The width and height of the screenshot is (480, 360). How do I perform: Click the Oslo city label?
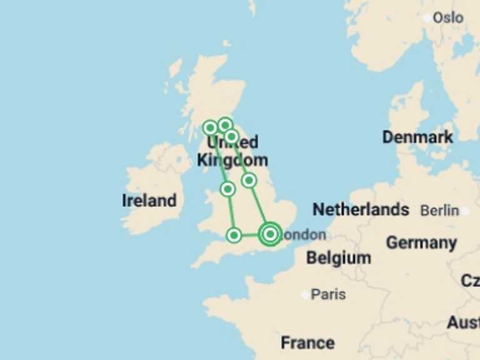pyautogui.click(x=448, y=17)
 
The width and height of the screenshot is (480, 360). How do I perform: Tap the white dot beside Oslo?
pyautogui.click(x=428, y=18)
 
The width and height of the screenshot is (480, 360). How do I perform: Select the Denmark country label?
pyautogui.click(x=417, y=137)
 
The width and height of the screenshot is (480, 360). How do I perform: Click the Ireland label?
pyautogui.click(x=149, y=201)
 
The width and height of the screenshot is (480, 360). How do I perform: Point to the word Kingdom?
pyautogui.click(x=232, y=159)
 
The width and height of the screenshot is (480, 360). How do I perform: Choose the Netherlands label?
pyautogui.click(x=361, y=209)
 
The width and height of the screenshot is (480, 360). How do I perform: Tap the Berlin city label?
pyautogui.click(x=439, y=211)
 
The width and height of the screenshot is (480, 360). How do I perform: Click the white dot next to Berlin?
pyautogui.click(x=464, y=211)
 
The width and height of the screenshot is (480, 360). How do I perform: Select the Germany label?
pyautogui.click(x=421, y=242)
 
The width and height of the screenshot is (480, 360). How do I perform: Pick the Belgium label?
pyautogui.click(x=338, y=257)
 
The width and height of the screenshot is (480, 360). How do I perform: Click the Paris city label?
pyautogui.click(x=328, y=294)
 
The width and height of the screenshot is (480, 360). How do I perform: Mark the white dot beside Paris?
pyautogui.click(x=306, y=294)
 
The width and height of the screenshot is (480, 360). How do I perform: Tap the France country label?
pyautogui.click(x=307, y=342)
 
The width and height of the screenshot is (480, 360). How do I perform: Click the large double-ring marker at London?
pyautogui.click(x=270, y=234)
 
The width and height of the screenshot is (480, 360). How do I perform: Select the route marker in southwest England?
pyautogui.click(x=234, y=235)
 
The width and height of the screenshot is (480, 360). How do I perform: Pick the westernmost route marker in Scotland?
pyautogui.click(x=211, y=128)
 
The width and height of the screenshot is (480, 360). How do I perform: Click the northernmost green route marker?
pyautogui.click(x=225, y=125)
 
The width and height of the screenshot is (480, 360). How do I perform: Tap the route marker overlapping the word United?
pyautogui.click(x=231, y=136)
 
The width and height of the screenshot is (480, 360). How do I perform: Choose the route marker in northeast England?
pyautogui.click(x=249, y=180)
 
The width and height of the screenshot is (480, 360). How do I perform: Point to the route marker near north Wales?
pyautogui.click(x=227, y=189)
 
